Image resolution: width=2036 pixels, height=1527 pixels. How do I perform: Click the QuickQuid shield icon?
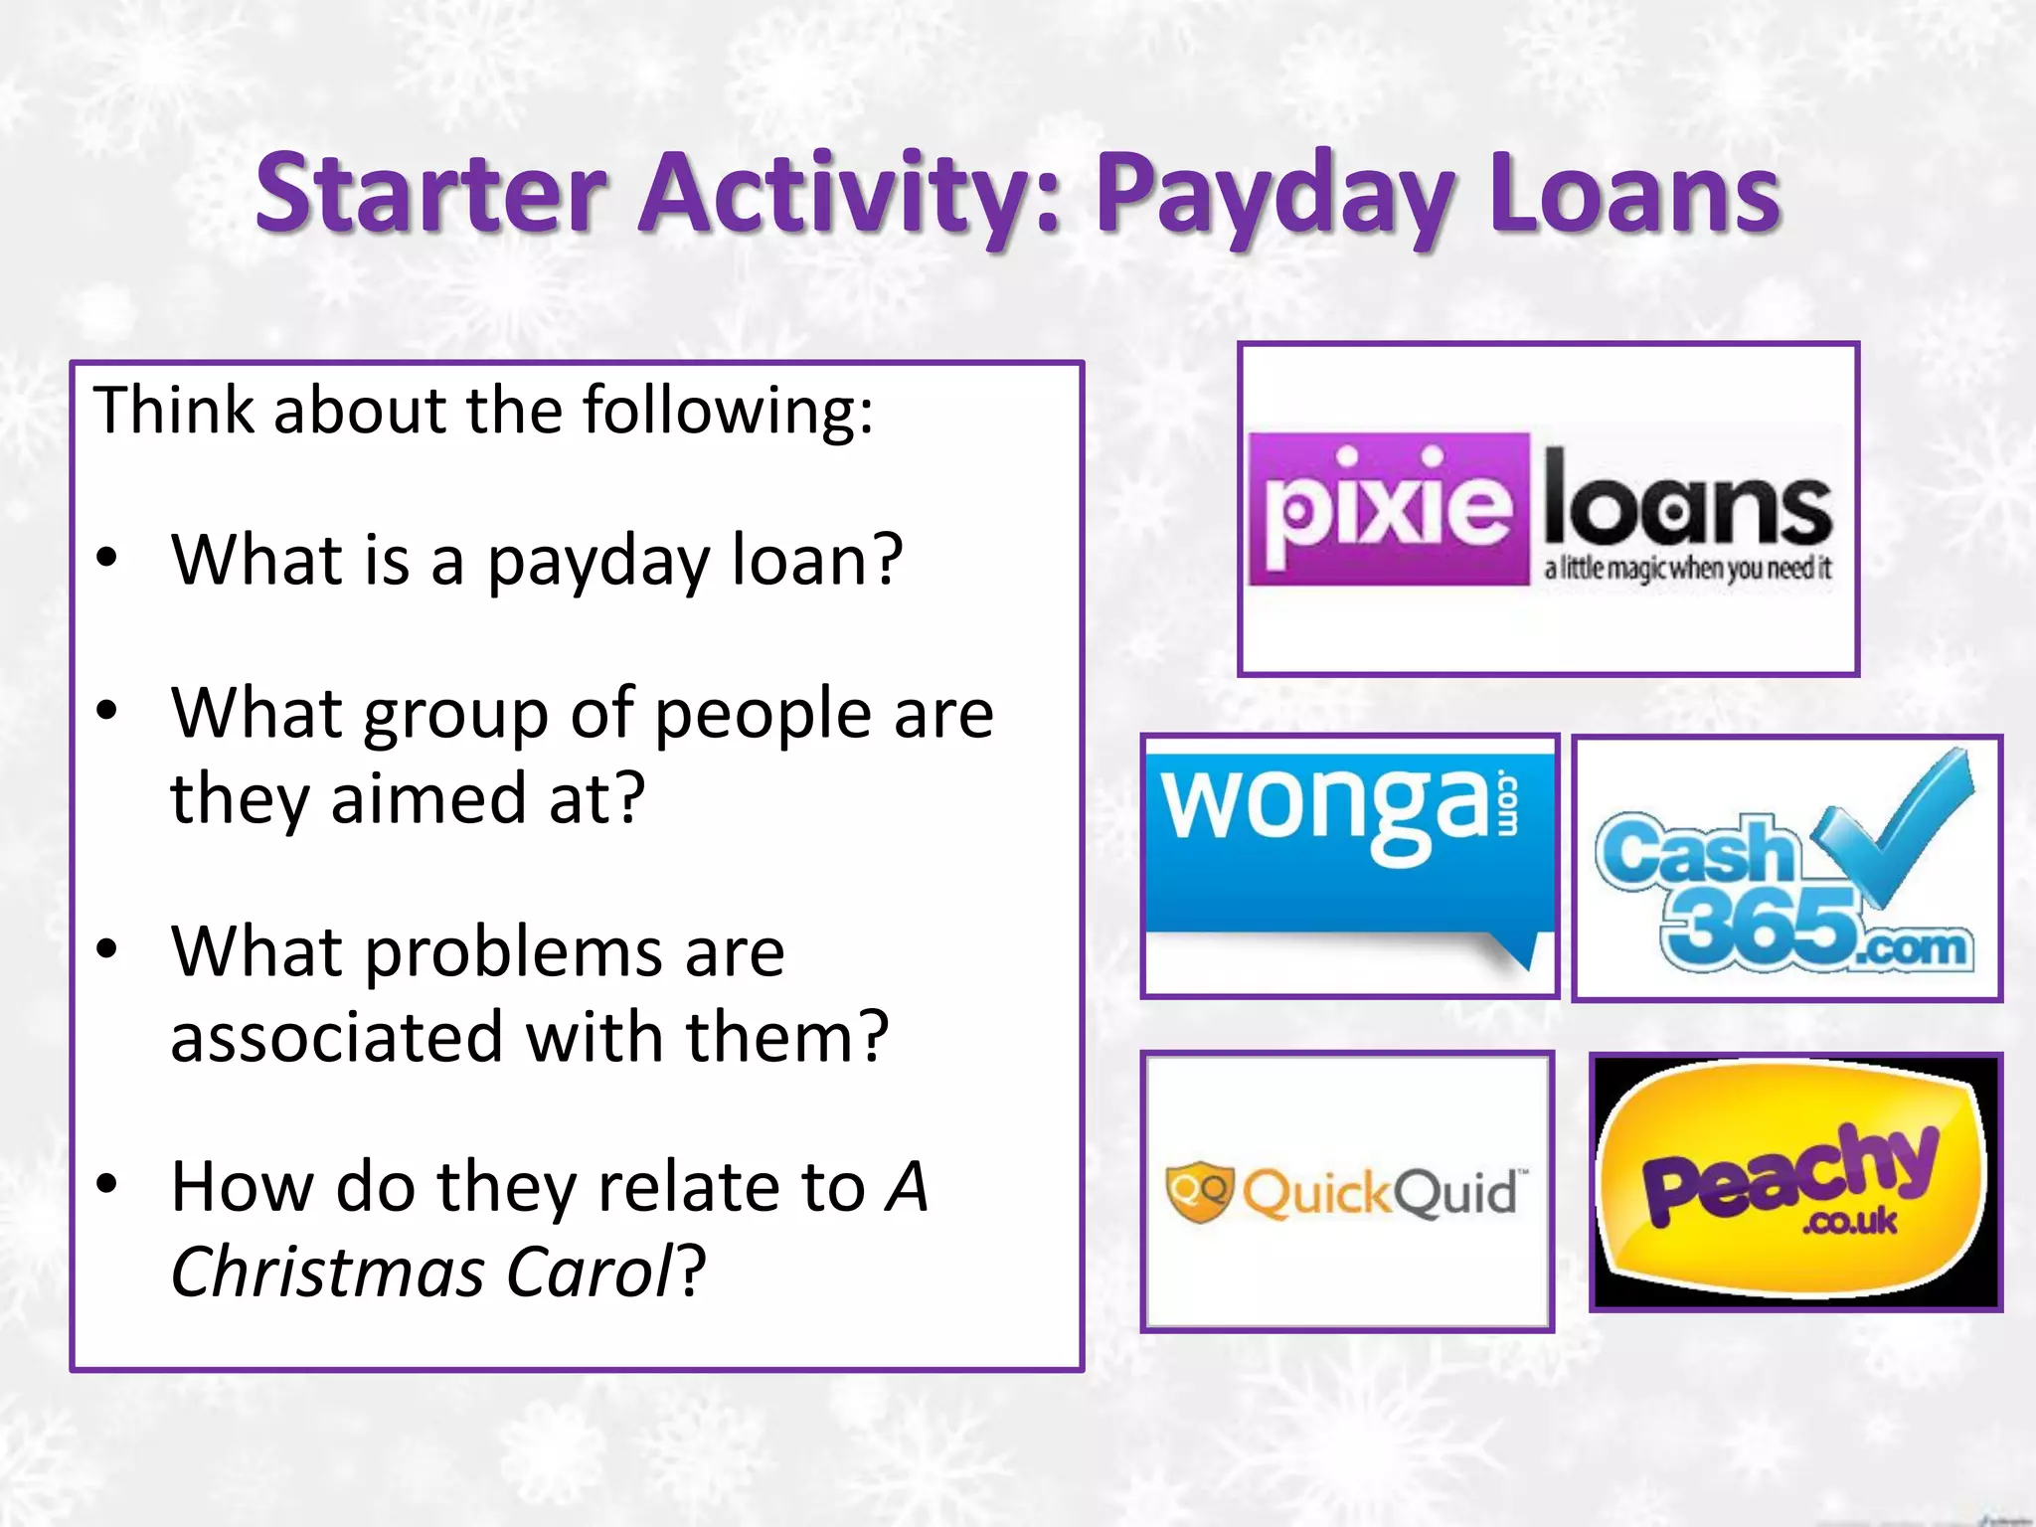1200,1191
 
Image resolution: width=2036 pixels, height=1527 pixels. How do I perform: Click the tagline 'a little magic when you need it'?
1687,569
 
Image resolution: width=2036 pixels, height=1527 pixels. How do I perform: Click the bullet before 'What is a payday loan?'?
107,559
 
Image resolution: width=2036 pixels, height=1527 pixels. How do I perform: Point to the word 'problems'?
516,952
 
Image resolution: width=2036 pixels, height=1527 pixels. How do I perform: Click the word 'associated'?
334,1037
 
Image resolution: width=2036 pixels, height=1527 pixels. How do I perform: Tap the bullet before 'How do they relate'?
107,1185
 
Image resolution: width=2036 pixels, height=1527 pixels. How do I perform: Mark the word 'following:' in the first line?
727,410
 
